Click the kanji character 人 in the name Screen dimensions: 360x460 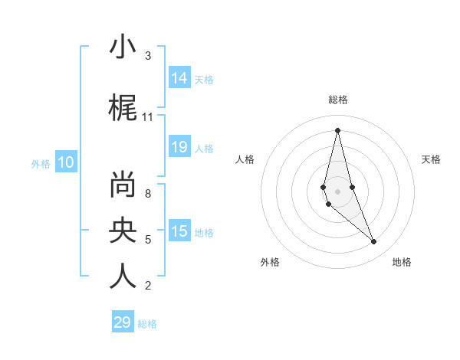point(123,276)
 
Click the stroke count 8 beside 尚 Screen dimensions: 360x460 point(147,194)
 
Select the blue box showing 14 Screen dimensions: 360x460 point(179,77)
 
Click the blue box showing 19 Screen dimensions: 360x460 point(179,147)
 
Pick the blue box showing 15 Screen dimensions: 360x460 point(179,231)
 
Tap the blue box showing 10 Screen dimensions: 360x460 point(66,162)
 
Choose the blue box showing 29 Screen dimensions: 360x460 point(122,322)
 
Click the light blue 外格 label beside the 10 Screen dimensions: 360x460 point(41,163)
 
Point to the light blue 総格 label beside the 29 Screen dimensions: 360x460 point(147,324)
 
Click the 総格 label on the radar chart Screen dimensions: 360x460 point(338,100)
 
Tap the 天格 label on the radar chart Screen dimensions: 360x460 point(432,159)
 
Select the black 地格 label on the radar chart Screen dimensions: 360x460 point(402,262)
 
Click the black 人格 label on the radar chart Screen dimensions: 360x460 point(245,159)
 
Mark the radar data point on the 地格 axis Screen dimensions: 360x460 point(374,242)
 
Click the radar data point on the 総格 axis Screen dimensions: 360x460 point(337,130)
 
